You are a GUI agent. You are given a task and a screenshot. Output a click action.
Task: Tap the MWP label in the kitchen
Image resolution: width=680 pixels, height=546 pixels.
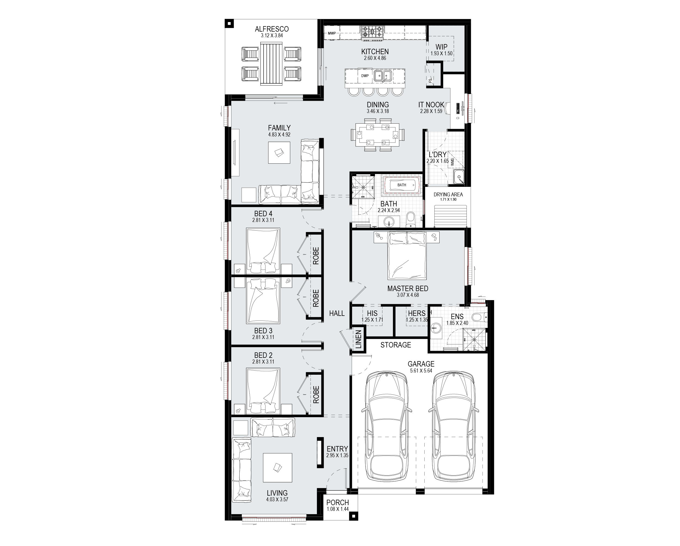pyautogui.click(x=332, y=33)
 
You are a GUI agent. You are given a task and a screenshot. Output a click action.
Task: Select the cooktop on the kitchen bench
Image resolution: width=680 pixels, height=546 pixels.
pyautogui.click(x=372, y=33)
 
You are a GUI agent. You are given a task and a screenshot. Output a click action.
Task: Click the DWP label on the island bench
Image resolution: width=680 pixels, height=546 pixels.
pyautogui.click(x=365, y=76)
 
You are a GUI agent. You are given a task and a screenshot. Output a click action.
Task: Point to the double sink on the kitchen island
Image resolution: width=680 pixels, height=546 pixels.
pyautogui.click(x=383, y=76)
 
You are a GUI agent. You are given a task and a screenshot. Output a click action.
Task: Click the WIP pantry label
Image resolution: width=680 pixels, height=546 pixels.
pyautogui.click(x=441, y=47)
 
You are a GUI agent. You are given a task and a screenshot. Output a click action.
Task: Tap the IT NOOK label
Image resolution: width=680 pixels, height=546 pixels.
pyautogui.click(x=431, y=105)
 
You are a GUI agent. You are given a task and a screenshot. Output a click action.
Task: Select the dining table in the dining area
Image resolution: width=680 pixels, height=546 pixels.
pyautogui.click(x=377, y=135)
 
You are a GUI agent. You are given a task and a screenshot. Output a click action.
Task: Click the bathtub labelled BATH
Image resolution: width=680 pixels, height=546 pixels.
pyautogui.click(x=402, y=185)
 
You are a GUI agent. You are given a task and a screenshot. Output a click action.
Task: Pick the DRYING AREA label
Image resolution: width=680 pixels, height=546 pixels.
pyautogui.click(x=448, y=194)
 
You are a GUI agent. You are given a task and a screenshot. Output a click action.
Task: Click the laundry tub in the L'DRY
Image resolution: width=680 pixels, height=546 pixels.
pyautogui.click(x=459, y=176)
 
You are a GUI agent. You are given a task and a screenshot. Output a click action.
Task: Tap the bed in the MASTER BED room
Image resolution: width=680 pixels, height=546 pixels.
pyautogui.click(x=407, y=255)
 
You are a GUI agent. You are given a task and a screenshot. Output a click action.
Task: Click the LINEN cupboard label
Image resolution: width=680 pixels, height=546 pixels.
pyautogui.click(x=358, y=340)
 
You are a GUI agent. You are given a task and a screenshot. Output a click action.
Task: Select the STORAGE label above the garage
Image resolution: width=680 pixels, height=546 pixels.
pyautogui.click(x=395, y=345)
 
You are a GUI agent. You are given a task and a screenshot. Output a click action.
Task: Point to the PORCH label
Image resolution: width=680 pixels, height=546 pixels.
pyautogui.click(x=338, y=502)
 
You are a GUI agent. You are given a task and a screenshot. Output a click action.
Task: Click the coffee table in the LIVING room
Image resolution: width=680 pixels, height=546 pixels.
pyautogui.click(x=277, y=468)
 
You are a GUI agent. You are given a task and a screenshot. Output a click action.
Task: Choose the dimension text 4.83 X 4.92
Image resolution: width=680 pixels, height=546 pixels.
pyautogui.click(x=279, y=135)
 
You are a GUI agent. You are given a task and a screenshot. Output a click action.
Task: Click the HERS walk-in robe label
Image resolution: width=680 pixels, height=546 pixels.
pyautogui.click(x=417, y=313)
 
